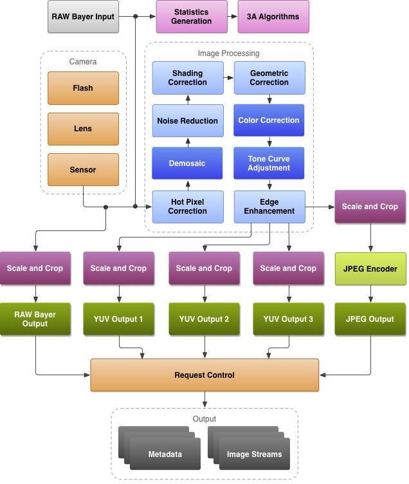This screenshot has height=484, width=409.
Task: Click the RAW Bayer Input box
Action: [x=83, y=17]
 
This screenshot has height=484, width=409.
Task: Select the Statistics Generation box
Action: [x=191, y=17]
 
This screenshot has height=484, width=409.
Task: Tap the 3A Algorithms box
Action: [x=273, y=17]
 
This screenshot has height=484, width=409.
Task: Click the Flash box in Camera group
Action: [x=83, y=88]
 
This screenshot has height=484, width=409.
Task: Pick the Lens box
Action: [x=83, y=129]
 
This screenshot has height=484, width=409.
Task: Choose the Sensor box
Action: [x=83, y=170]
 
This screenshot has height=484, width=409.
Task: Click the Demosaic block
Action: [x=187, y=163]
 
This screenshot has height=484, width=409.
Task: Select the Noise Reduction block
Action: [x=187, y=121]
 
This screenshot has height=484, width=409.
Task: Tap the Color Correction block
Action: [x=269, y=120]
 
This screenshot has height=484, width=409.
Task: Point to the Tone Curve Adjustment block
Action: [x=269, y=163]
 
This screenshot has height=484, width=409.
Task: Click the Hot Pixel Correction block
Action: [x=187, y=207]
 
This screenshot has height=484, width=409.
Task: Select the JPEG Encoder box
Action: [x=370, y=269]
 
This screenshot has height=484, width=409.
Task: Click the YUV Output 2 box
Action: [x=204, y=319]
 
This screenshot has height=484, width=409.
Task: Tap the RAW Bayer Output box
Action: [x=35, y=319]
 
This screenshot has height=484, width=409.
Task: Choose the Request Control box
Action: [x=204, y=375]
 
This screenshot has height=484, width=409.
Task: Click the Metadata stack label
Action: [x=165, y=454]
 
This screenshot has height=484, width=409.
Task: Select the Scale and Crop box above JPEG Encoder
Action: [x=370, y=207]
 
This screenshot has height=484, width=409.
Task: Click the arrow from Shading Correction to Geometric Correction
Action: [x=228, y=78]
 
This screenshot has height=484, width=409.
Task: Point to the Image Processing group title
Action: [x=228, y=53]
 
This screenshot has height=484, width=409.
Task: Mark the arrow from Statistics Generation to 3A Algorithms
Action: [x=233, y=17]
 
